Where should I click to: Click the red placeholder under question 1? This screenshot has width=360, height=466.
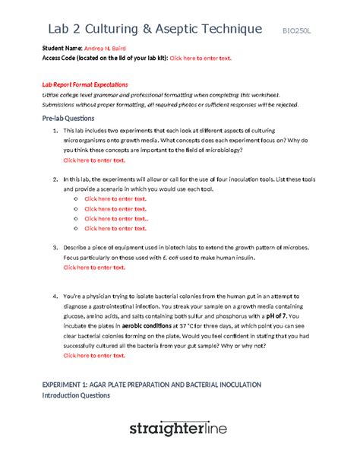point(94,160)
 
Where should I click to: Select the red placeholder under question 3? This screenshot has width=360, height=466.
point(94,268)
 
